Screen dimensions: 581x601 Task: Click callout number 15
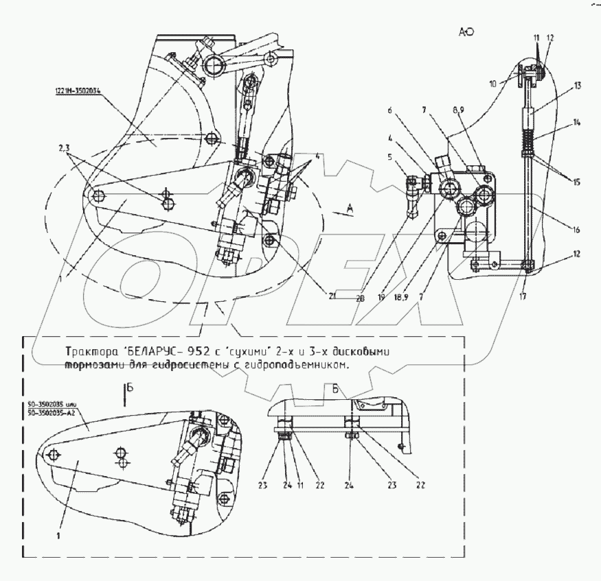(575, 182)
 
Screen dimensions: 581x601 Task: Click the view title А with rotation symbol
(466, 32)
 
